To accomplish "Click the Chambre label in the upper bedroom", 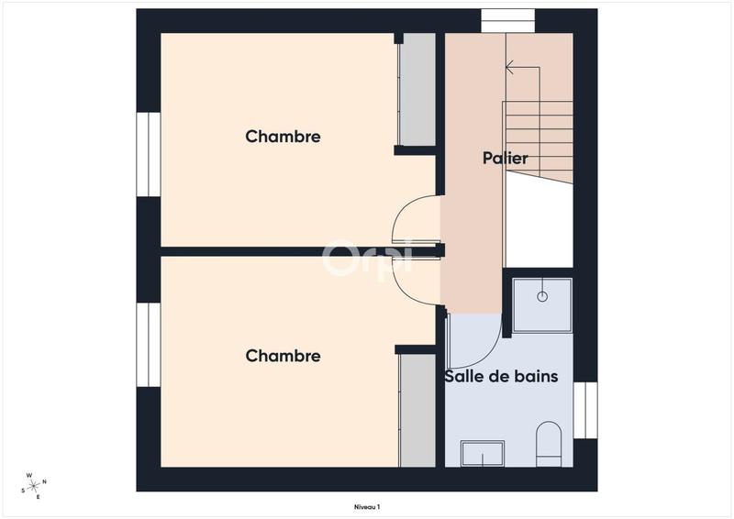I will coord(283,137).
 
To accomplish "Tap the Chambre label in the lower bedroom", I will coord(283,356).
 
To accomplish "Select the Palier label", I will coord(506,159).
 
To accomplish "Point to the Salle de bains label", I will coord(501,376).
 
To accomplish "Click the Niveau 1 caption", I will coord(366,506).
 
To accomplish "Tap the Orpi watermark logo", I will coord(367,259).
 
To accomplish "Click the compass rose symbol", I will coord(34,486).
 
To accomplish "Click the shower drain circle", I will coord(541,296).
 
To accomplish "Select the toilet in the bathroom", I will coord(549,440).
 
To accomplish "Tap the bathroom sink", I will coord(483,454).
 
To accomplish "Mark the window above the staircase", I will coord(508,20).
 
